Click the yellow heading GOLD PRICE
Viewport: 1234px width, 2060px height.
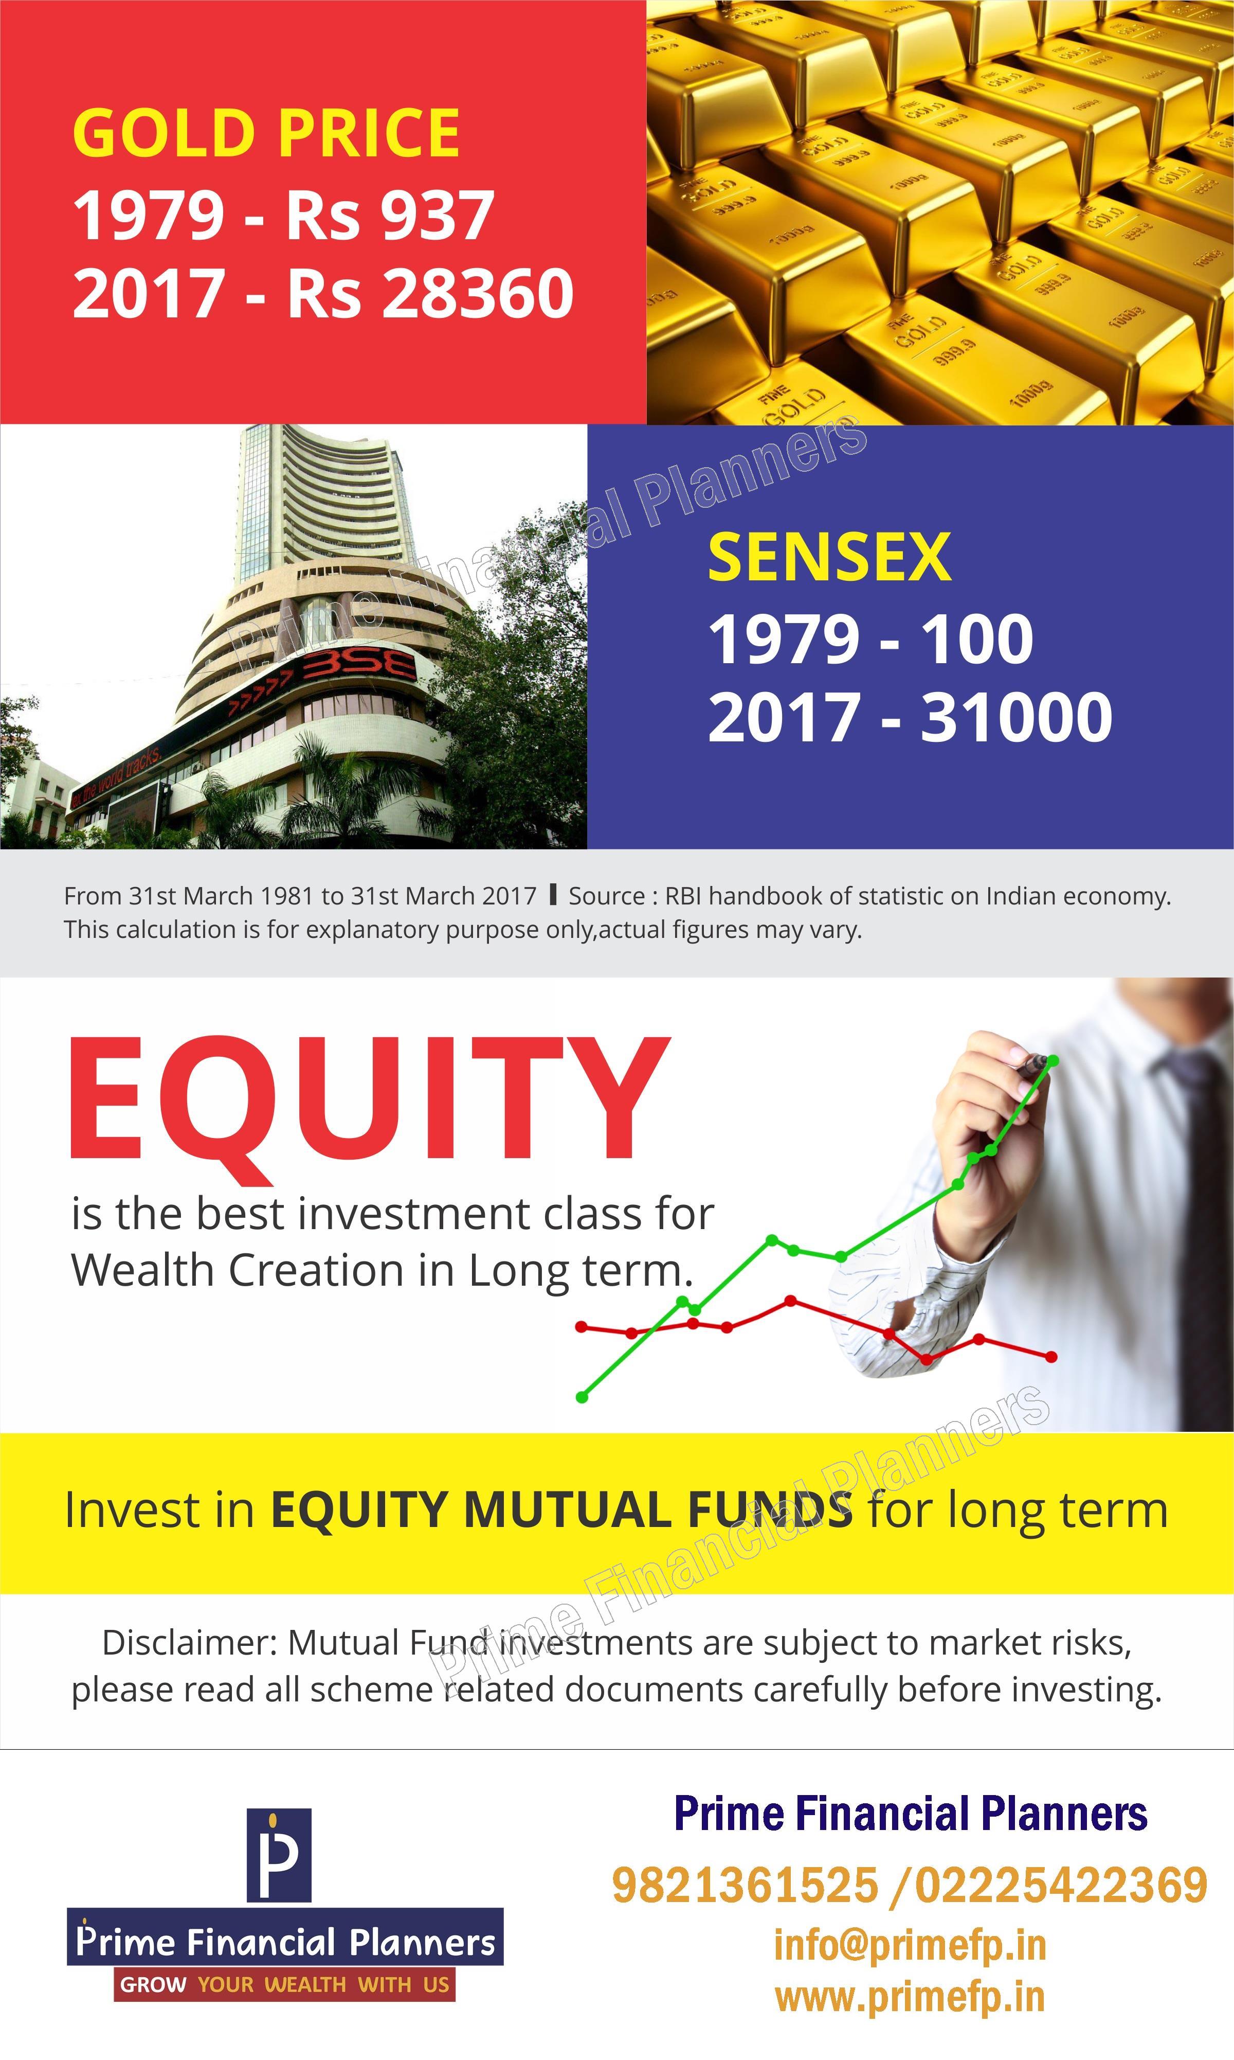(266, 133)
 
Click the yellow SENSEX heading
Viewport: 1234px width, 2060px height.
(829, 557)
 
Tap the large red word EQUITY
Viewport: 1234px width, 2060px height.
(368, 1100)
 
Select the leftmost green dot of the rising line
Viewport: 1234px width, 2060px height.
(582, 1397)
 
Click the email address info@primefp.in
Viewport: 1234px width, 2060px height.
(910, 1945)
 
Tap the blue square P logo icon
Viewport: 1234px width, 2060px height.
(279, 1855)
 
